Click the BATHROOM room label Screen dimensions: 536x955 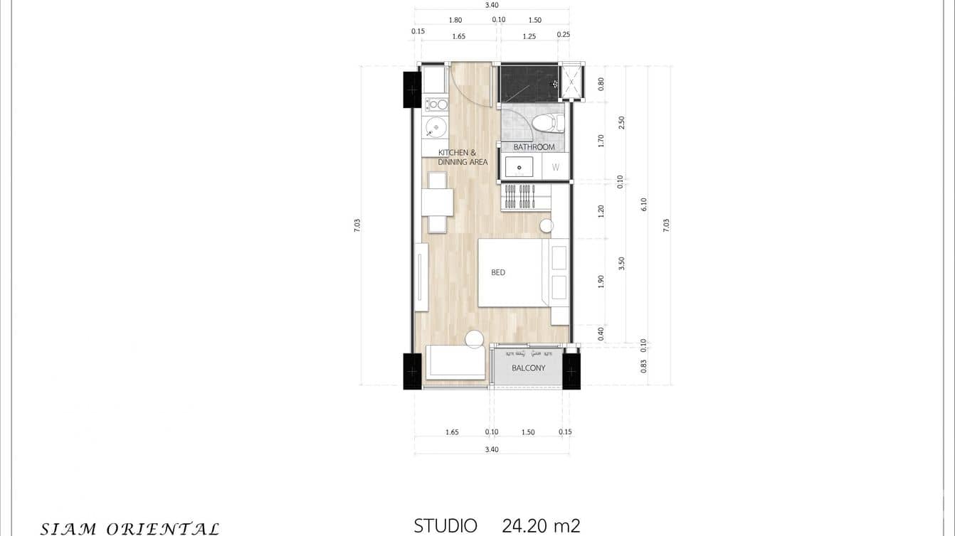pyautogui.click(x=534, y=147)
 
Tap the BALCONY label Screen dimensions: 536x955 pyautogui.click(x=528, y=368)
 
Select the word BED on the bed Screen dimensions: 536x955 pyautogui.click(x=498, y=272)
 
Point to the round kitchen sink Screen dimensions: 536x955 pyautogui.click(x=436, y=128)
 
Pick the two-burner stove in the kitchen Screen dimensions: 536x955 pyautogui.click(x=436, y=104)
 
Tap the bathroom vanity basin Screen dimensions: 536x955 pyautogui.click(x=519, y=168)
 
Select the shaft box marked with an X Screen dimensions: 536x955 pyautogui.click(x=571, y=82)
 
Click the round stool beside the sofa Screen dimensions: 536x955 pyautogui.click(x=474, y=339)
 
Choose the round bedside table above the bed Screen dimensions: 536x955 pyautogui.click(x=546, y=226)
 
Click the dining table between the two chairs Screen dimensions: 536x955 pyautogui.click(x=437, y=202)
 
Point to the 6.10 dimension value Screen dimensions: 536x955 pyautogui.click(x=644, y=205)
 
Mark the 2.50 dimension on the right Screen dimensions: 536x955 pyautogui.click(x=621, y=122)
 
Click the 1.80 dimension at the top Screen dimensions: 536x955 pyautogui.click(x=455, y=20)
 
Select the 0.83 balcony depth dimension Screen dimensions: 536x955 pyautogui.click(x=644, y=366)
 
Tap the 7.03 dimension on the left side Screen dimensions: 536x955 pyautogui.click(x=357, y=225)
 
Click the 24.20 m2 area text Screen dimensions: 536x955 pyautogui.click(x=541, y=526)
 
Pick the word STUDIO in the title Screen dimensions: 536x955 pyautogui.click(x=445, y=526)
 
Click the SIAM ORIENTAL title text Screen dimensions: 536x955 pyautogui.click(x=130, y=528)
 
